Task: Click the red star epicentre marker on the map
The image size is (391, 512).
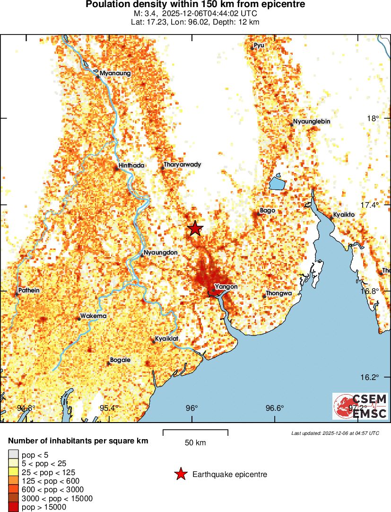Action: [195, 229]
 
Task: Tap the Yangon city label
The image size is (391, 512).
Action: [226, 286]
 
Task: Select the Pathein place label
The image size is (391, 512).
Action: [28, 290]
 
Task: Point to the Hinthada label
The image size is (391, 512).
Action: [132, 165]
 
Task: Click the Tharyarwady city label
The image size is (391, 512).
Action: [182, 165]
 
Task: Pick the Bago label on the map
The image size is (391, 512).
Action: [268, 210]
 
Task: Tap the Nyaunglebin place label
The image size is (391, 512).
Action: [311, 122]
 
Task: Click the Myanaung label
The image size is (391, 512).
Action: [115, 73]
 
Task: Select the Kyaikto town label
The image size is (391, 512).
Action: [344, 214]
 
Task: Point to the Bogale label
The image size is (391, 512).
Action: [120, 360]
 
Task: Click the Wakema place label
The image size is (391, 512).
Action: [93, 316]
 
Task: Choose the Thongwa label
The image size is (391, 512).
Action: [278, 293]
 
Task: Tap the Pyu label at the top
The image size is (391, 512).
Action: [259, 45]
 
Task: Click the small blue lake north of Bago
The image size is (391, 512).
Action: [276, 182]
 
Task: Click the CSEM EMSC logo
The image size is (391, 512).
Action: [360, 406]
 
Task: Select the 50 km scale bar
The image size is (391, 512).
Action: [195, 432]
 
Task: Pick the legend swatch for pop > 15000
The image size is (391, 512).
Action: [13, 507]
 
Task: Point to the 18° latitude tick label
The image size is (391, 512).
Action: [374, 118]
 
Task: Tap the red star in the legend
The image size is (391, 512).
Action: [180, 474]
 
